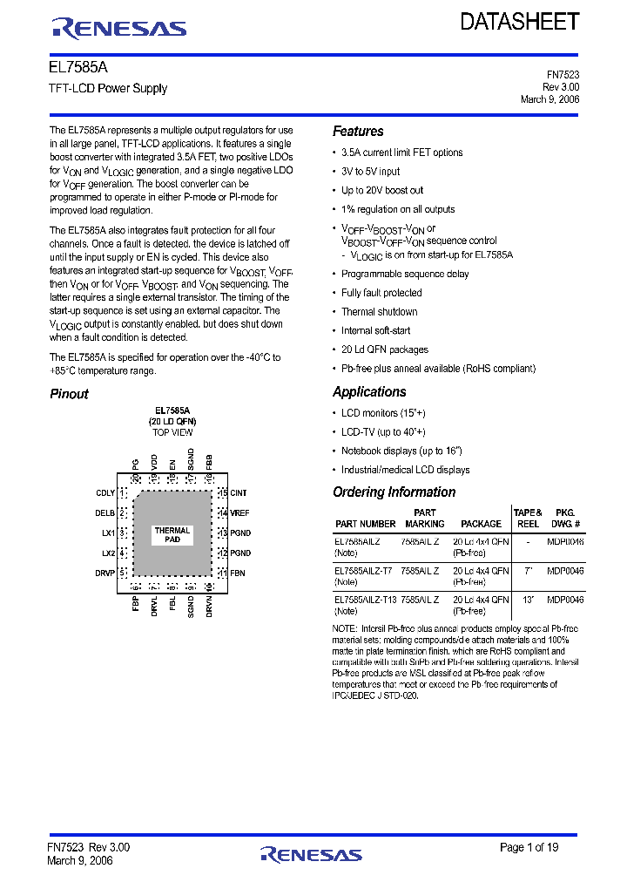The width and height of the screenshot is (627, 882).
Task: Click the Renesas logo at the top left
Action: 119,29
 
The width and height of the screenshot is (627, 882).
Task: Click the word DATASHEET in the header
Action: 520,22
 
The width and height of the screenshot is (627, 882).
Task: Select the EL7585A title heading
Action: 78,67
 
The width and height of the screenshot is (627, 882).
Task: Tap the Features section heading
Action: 358,132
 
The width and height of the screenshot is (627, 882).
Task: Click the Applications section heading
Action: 369,392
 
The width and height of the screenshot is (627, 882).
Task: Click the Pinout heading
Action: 69,394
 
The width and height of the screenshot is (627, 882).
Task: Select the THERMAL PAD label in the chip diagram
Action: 172,535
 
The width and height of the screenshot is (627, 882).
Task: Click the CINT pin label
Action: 239,493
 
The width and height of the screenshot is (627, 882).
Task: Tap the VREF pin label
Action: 239,513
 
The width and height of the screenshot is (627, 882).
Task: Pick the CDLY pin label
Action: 105,493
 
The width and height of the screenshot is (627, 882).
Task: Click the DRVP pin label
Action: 105,573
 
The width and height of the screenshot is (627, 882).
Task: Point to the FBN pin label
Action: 237,573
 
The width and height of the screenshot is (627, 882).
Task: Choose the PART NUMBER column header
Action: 365,524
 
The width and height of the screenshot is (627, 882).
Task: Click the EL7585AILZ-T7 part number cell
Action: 363,572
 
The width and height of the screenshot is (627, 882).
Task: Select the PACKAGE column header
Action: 481,524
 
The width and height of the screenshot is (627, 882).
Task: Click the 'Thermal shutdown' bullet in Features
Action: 379,312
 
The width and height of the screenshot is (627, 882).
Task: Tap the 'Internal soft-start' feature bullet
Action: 376,331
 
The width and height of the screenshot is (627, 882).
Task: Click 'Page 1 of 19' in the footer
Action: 529,847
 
